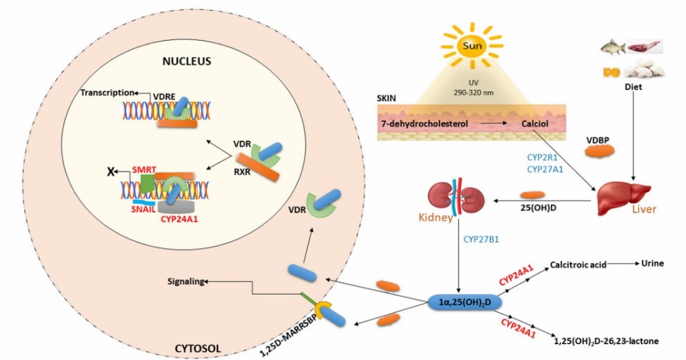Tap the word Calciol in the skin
click(535, 124)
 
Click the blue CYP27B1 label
click(482, 240)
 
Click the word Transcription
click(106, 93)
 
